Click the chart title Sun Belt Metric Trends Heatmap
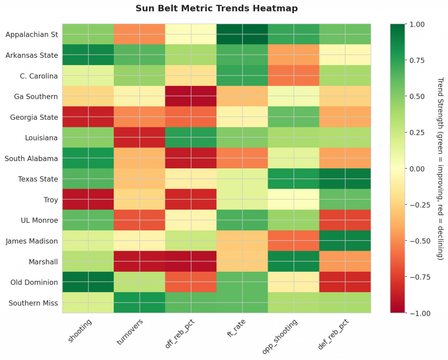217,8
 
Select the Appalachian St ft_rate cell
242,34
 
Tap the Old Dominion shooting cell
88,282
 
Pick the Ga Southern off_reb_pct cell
191,96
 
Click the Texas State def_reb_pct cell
345,179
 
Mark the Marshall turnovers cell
140,262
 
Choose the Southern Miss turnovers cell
140,303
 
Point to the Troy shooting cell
88,199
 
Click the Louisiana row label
40,138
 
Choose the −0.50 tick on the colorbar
416,241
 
